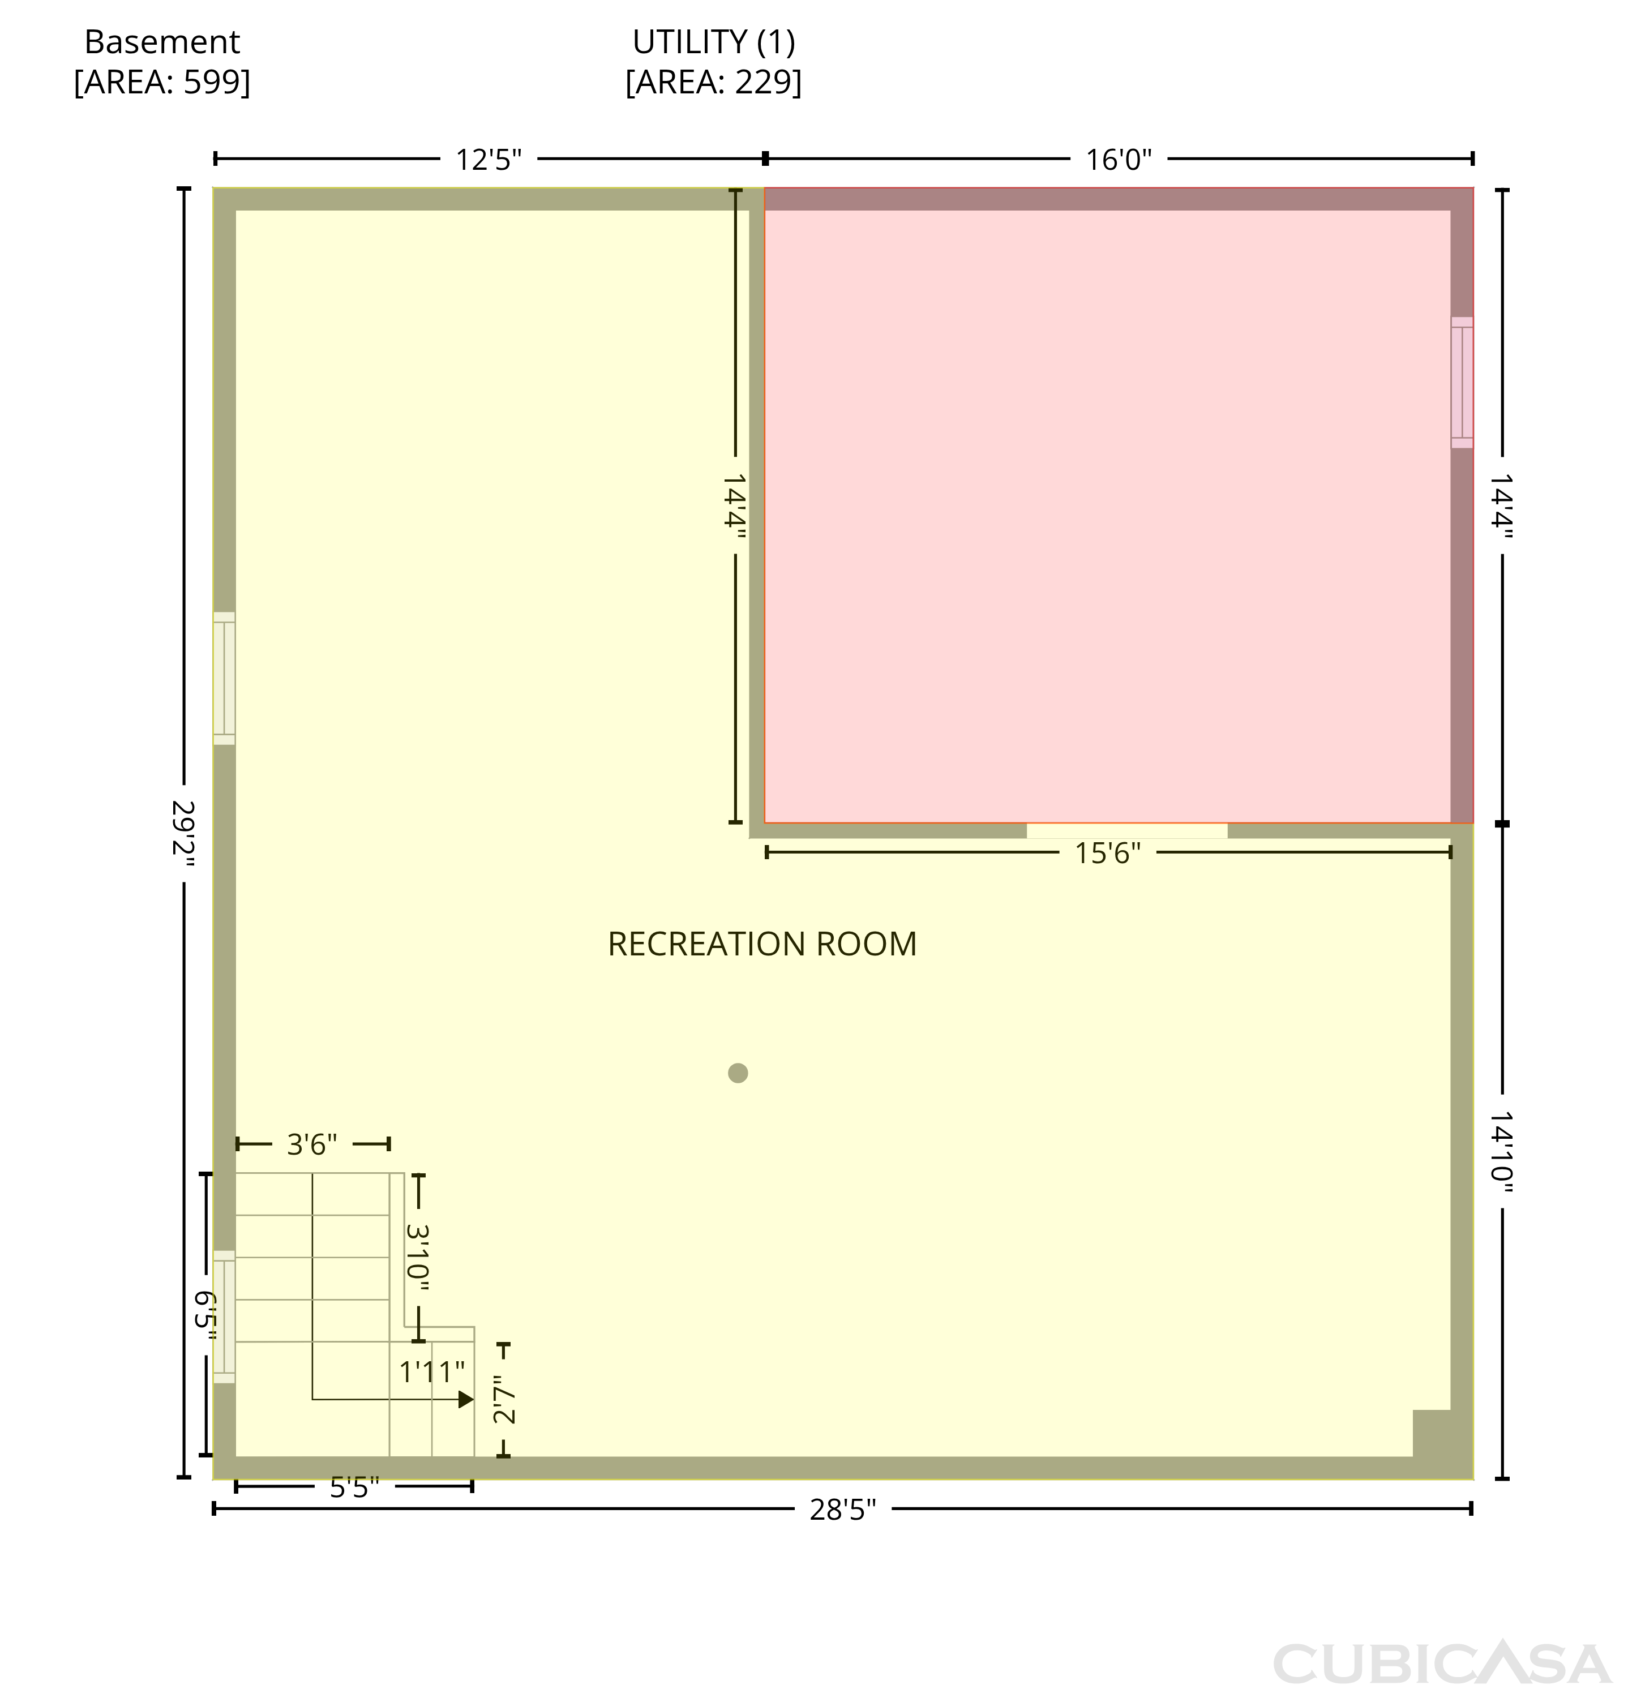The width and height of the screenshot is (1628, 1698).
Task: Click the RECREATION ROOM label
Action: pos(761,944)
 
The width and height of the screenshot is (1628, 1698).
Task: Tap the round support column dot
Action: pos(738,1073)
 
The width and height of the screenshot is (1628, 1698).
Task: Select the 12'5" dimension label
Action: pos(489,160)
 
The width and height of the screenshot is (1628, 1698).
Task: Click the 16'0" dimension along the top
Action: pos(1119,160)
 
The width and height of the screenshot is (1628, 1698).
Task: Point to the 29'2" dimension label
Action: pos(183,833)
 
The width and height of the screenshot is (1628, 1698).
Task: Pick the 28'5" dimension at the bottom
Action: pos(842,1510)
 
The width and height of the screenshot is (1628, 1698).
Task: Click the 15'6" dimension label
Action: pos(1107,854)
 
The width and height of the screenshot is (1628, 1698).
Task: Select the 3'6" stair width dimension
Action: pos(312,1144)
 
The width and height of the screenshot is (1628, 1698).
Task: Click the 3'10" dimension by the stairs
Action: pos(418,1257)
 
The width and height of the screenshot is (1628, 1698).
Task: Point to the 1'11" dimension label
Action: pos(431,1371)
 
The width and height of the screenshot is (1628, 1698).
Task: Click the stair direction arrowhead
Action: pos(466,1399)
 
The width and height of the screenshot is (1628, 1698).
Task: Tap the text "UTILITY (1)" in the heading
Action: pos(713,41)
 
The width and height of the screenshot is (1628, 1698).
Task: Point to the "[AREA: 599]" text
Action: pos(162,82)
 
